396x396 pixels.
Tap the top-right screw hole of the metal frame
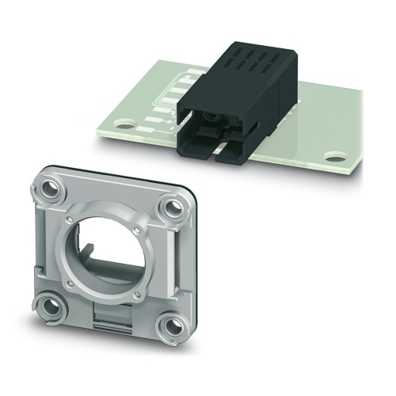click(x=169, y=209)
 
